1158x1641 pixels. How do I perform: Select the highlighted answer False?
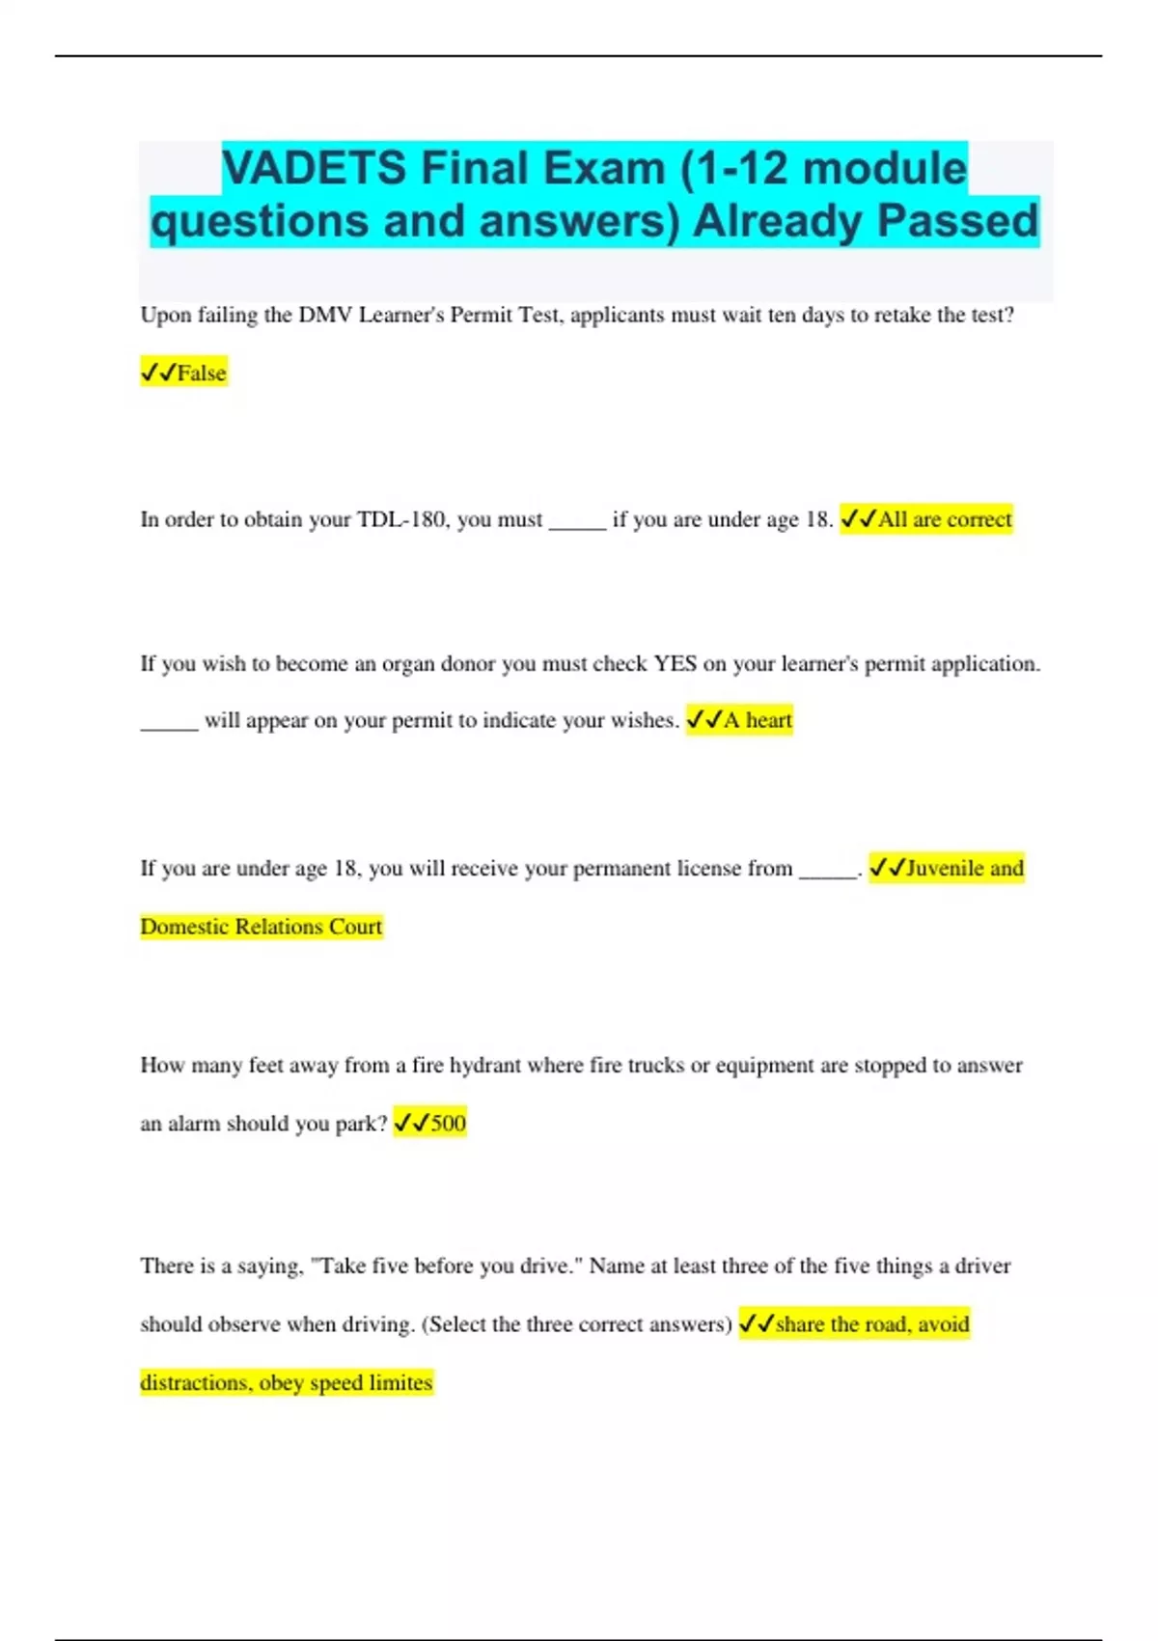(201, 373)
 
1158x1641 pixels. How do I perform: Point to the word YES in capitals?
(675, 664)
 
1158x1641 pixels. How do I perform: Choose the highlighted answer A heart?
(757, 720)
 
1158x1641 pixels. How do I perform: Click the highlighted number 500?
(448, 1123)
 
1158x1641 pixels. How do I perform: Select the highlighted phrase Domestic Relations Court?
(262, 927)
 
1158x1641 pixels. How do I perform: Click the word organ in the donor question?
(408, 664)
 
